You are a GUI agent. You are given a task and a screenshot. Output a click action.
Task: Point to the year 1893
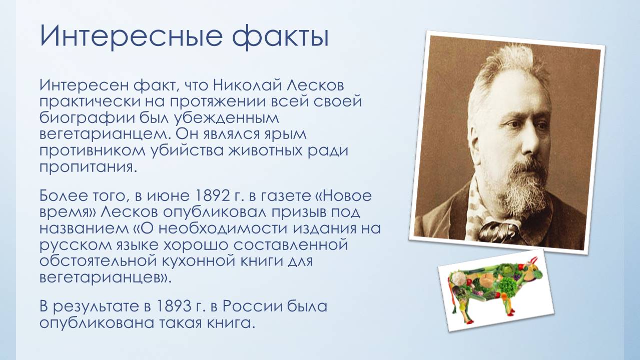174,306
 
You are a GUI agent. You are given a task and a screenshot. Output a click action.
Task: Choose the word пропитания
87,168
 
